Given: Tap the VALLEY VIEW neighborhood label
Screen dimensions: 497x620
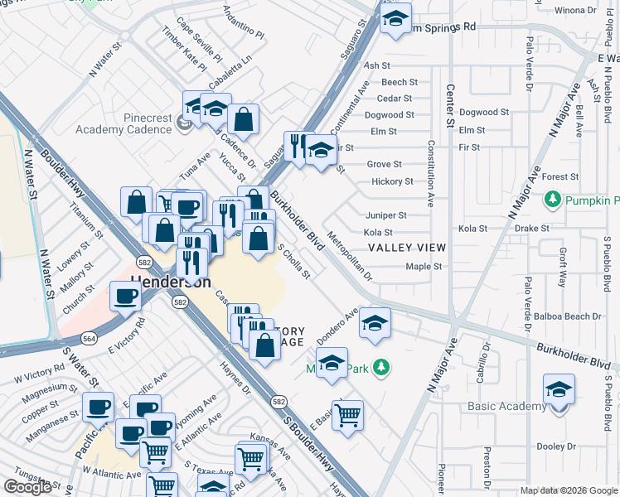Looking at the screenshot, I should tap(407, 248).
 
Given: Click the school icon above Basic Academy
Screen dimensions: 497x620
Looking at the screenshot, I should tap(559, 389).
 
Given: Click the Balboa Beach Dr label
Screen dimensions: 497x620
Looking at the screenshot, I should tap(573, 316).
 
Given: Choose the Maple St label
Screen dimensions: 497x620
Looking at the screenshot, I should tap(424, 267).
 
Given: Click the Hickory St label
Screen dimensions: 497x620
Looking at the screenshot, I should tap(392, 181).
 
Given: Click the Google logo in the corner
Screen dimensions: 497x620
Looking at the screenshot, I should tap(27, 487).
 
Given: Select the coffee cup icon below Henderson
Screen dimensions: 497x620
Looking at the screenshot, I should tap(126, 297).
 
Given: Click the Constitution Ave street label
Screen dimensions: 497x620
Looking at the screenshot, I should tap(430, 172).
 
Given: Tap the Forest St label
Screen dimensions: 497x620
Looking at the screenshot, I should tap(560, 176).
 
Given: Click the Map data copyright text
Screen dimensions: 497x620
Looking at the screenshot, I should tap(568, 490).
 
